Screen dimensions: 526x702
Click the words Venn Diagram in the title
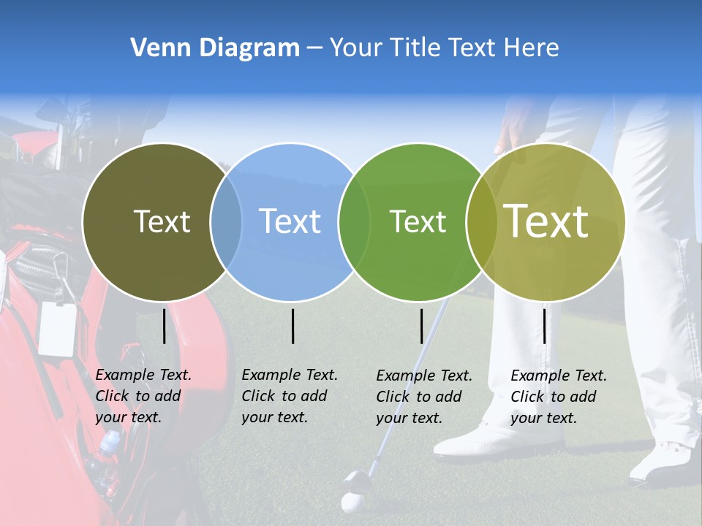215,48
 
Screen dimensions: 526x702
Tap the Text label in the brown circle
162,221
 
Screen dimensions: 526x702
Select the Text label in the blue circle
290,221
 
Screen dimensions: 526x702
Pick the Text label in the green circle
418,221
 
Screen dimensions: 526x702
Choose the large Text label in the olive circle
546,221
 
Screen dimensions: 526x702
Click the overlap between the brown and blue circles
226,221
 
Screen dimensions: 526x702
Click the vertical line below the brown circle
165,326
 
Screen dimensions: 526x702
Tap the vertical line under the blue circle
292,326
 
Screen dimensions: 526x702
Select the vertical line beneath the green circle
422,326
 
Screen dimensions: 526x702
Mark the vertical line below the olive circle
545,326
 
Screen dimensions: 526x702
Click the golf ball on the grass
352,503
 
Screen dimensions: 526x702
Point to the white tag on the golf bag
57,328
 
